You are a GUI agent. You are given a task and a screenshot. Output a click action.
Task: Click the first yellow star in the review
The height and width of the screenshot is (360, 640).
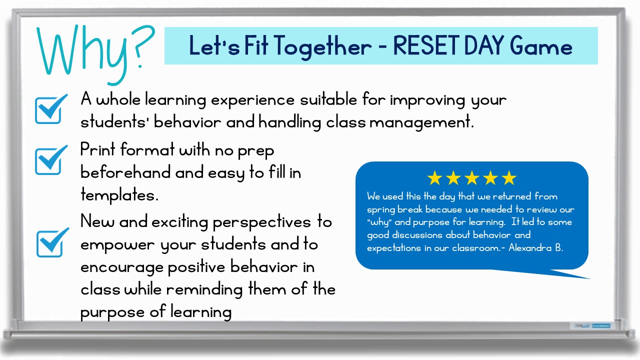(x=434, y=178)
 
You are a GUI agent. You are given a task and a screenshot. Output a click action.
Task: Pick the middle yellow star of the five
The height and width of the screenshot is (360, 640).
(x=471, y=178)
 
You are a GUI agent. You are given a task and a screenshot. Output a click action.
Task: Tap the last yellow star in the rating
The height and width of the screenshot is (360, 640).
(x=508, y=178)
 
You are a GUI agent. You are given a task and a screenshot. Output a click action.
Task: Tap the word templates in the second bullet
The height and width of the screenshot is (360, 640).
(x=119, y=195)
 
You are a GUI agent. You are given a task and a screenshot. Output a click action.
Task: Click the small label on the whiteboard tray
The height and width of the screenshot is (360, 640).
(x=590, y=325)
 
